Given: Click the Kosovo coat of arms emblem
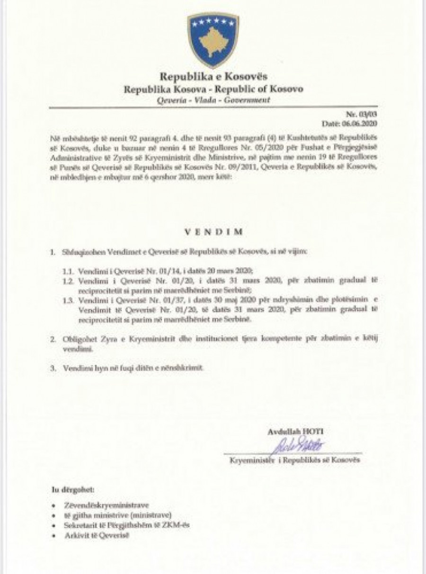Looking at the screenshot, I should (213, 40).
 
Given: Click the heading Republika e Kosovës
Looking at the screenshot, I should (213, 77).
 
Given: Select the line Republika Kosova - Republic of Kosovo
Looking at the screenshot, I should (213, 89).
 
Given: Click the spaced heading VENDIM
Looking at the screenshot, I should (213, 232).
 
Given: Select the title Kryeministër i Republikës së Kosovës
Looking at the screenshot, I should (295, 459).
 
